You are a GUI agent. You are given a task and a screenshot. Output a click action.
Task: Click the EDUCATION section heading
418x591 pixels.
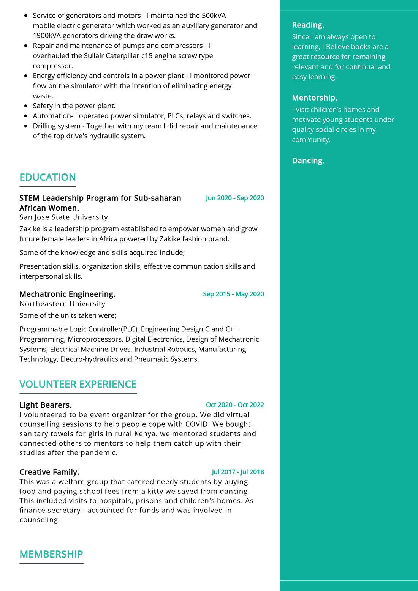[47, 177]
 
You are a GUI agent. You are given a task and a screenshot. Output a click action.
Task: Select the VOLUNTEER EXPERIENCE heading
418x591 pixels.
[78, 384]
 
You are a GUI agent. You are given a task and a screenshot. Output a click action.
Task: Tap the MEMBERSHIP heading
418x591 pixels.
[51, 554]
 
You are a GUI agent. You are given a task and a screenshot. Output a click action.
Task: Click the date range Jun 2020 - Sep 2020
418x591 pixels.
[235, 198]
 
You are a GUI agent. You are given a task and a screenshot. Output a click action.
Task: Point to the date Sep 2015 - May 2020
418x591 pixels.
[233, 294]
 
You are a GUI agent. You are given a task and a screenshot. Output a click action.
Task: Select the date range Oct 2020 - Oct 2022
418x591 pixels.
[235, 405]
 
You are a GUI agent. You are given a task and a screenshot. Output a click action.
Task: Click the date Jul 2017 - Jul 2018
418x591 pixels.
[238, 472]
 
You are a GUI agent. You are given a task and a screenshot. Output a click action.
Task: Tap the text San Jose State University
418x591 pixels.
[63, 217]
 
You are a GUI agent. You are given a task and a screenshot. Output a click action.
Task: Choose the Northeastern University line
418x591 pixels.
[62, 304]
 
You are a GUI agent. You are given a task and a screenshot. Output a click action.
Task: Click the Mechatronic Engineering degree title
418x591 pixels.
[67, 294]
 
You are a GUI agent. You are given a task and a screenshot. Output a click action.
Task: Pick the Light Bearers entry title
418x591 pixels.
[46, 405]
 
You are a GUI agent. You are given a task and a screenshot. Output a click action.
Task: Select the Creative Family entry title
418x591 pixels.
[49, 472]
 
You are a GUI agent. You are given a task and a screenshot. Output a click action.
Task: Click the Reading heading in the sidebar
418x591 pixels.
[308, 25]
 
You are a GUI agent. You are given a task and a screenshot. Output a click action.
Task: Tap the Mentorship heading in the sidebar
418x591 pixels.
[315, 98]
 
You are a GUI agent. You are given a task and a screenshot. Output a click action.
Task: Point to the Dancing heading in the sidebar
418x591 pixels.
[308, 161]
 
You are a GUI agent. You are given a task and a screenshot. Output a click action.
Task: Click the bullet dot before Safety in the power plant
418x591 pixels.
[25, 106]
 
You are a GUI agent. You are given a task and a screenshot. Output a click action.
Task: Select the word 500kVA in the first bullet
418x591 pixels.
[214, 16]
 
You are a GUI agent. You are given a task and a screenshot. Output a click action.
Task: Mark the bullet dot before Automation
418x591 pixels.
[25, 116]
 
